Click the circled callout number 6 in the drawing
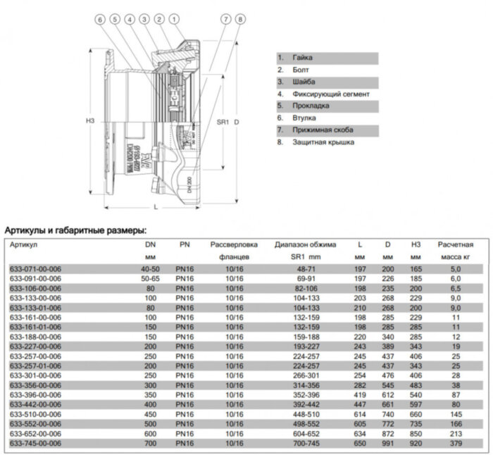(x=100, y=19)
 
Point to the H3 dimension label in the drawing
(x=90, y=121)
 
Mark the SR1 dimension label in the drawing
(x=223, y=121)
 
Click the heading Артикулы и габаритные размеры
(x=76, y=230)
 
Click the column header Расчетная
(x=455, y=244)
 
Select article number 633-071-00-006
(x=35, y=269)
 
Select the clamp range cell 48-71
(x=305, y=269)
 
